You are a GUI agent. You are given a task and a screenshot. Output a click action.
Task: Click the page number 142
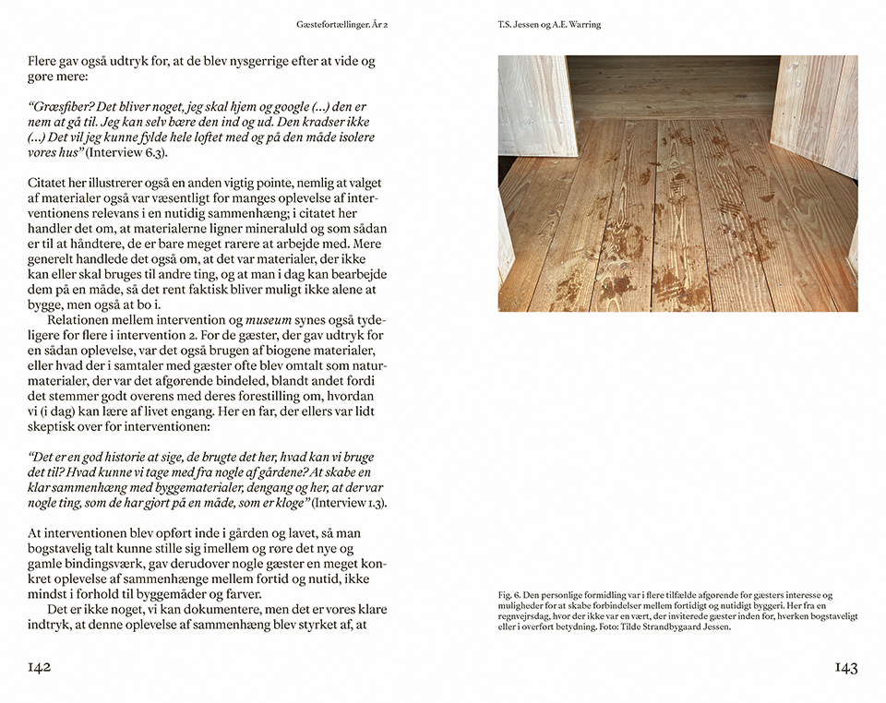39,668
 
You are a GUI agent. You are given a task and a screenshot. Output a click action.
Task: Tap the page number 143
846,668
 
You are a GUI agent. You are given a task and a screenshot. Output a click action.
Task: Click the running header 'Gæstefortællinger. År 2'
342,24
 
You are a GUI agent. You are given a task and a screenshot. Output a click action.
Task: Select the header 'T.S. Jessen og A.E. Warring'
549,24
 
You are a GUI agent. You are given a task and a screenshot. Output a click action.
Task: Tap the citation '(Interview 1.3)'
350,503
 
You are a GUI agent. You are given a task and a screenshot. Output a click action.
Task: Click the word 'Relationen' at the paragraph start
85,320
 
